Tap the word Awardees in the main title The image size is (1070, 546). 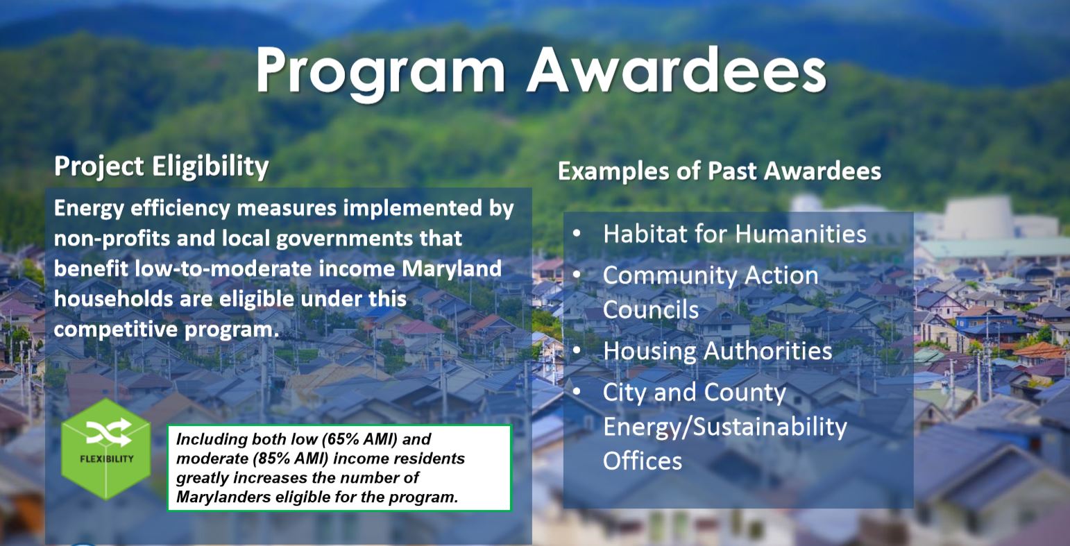(677, 69)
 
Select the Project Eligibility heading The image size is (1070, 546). (162, 167)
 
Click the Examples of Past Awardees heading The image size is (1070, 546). (720, 171)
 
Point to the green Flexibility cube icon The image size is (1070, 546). (106, 449)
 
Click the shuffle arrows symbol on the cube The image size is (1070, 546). (109, 432)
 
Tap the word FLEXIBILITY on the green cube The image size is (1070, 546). (107, 459)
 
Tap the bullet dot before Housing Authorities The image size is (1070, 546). (577, 350)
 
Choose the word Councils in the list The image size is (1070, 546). (651, 309)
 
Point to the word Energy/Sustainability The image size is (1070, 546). (725, 427)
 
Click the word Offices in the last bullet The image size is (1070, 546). (642, 461)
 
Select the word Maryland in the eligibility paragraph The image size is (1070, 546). (452, 269)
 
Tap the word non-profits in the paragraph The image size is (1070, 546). (112, 239)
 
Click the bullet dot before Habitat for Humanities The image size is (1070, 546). (577, 233)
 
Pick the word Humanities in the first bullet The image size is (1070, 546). (801, 234)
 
